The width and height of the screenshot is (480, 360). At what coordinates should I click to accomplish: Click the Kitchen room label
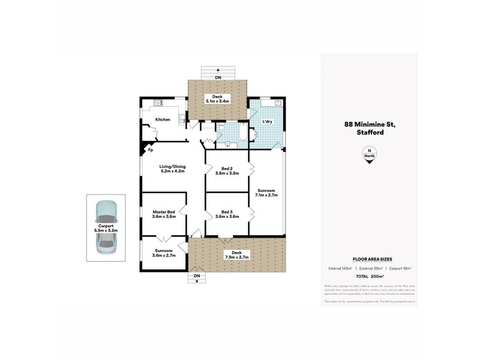(x=163, y=119)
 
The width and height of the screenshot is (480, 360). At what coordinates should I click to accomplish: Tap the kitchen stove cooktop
(x=158, y=103)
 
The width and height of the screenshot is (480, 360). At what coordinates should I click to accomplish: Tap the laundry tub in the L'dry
(x=278, y=103)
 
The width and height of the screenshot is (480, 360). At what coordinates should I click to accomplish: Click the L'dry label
(x=268, y=122)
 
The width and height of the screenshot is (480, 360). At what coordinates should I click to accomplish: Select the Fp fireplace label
(x=151, y=151)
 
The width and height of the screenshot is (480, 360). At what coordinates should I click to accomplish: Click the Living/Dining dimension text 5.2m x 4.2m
(x=172, y=172)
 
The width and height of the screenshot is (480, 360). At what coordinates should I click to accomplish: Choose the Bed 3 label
(x=227, y=212)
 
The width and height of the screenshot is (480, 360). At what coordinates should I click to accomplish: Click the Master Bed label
(x=163, y=212)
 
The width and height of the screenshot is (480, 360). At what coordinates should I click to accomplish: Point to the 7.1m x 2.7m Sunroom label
(x=266, y=191)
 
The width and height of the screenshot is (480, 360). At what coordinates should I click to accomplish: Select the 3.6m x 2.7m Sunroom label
(x=163, y=253)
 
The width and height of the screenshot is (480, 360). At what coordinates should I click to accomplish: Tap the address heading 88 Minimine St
(x=369, y=125)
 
